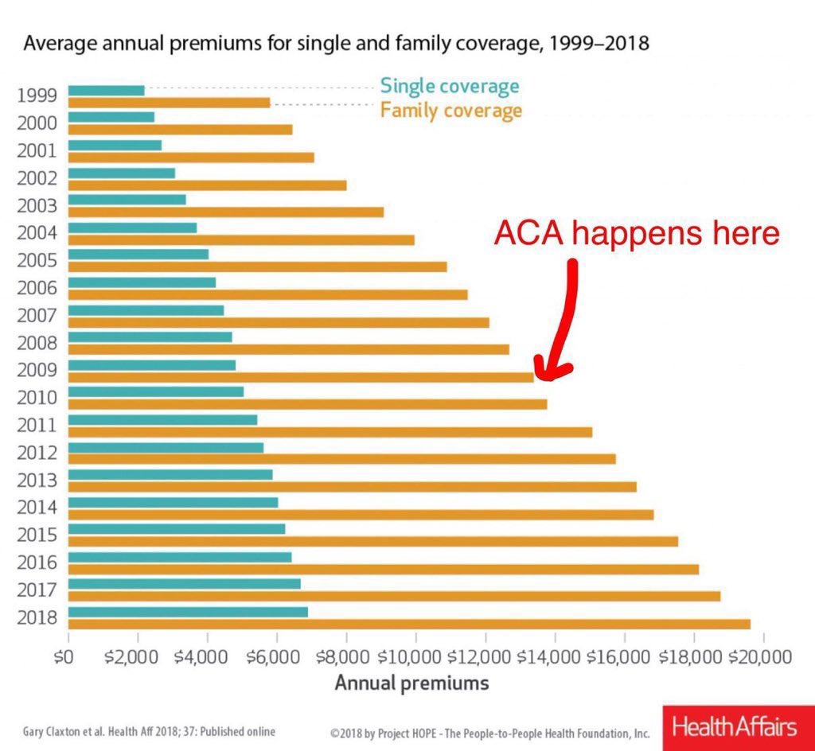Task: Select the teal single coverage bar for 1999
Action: [x=107, y=90]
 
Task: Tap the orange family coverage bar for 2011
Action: [x=330, y=432]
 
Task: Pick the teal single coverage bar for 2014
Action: [x=174, y=502]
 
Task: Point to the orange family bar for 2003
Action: [x=226, y=212]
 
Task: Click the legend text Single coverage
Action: [x=450, y=86]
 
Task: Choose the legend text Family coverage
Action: [x=451, y=110]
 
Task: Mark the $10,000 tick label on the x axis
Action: [x=415, y=658]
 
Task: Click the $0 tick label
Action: [x=69, y=658]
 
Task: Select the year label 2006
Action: [x=37, y=288]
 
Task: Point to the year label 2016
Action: [x=37, y=562]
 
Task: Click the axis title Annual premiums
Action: [x=411, y=683]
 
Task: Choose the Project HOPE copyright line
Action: [x=489, y=733]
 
